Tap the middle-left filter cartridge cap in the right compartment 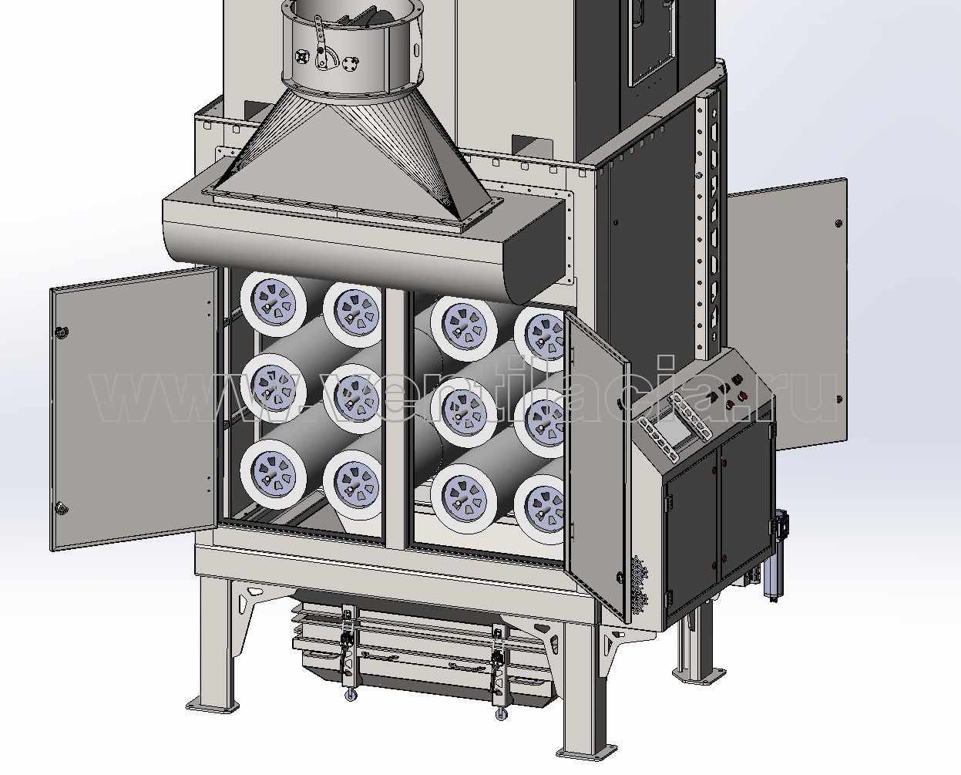(464, 412)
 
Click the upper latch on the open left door (61, 332)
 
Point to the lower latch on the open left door (62, 509)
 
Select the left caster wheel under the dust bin (351, 695)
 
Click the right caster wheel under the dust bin (501, 714)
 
